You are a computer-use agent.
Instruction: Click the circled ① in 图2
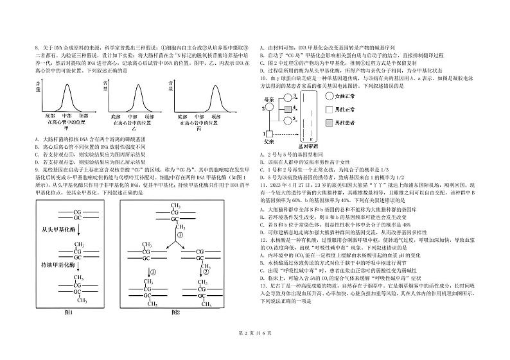(x=180, y=234)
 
